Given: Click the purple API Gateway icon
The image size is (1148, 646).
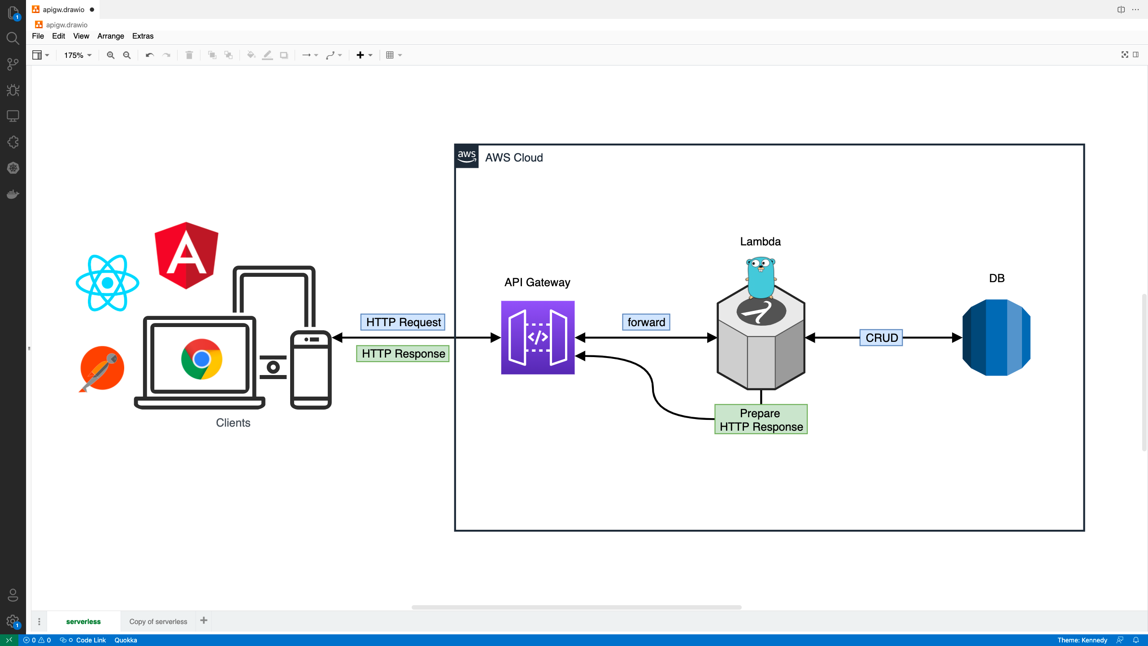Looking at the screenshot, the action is click(x=538, y=337).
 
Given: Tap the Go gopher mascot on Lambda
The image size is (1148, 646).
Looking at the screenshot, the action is click(x=761, y=278).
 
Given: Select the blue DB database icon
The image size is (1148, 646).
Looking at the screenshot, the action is click(x=996, y=337).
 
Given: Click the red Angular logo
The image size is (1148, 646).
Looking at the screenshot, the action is click(x=186, y=255).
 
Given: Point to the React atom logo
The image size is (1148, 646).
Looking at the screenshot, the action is click(x=108, y=283).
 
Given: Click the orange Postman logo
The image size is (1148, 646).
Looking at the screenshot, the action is click(x=102, y=369).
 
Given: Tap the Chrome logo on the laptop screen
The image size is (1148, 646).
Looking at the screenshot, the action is click(x=202, y=359).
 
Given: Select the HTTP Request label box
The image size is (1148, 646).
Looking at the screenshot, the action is click(x=403, y=322).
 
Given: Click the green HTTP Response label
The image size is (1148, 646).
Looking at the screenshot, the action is click(x=403, y=354).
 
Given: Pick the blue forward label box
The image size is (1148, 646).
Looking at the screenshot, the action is click(x=646, y=322).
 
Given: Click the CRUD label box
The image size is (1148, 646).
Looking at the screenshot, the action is click(x=881, y=338).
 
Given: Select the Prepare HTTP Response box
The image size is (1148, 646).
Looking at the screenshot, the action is click(x=761, y=419).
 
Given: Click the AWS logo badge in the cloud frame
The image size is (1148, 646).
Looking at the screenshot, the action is click(x=467, y=157).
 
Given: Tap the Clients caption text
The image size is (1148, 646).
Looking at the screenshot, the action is click(x=233, y=423).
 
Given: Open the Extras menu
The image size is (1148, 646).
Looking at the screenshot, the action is click(x=143, y=36).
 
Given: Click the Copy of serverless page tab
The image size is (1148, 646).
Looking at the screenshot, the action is click(x=158, y=621).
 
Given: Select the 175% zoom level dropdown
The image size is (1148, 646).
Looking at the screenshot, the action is click(x=78, y=55).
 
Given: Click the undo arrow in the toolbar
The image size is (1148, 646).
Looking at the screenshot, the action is click(x=150, y=55).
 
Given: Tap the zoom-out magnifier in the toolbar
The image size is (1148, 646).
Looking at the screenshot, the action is click(x=127, y=55).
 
